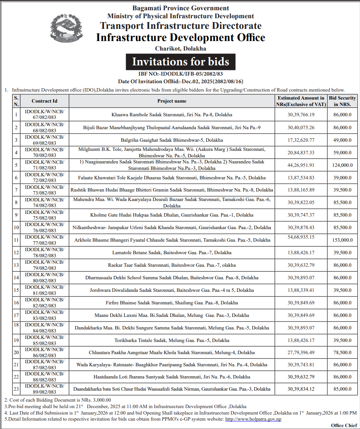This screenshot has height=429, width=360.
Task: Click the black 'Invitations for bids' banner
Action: (180, 62)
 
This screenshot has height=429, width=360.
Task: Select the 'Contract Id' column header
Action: (44, 101)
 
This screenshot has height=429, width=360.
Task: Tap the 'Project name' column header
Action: (172, 101)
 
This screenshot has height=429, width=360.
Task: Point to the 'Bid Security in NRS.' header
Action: (342, 101)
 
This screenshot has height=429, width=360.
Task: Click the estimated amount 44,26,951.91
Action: (301, 165)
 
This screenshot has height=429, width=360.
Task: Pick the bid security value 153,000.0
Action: (342, 240)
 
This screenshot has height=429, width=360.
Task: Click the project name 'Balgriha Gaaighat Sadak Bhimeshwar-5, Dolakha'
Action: (172, 140)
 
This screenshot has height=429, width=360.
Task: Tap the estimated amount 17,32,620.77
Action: (301, 140)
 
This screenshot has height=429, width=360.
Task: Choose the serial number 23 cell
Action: (16, 389)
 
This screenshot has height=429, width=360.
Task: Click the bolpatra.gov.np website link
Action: (253, 419)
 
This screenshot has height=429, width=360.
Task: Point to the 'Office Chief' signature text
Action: (344, 425)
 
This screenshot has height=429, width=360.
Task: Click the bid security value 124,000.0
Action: (342, 165)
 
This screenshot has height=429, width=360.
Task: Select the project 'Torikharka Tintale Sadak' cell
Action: (172, 340)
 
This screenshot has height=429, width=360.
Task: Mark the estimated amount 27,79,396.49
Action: (301, 353)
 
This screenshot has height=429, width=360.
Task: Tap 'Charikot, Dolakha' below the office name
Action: (180, 49)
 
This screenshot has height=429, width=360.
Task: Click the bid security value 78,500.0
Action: (342, 353)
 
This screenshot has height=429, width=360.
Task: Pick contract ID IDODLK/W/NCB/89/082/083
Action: (44, 389)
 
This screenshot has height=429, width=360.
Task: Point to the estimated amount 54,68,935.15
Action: (301, 237)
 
